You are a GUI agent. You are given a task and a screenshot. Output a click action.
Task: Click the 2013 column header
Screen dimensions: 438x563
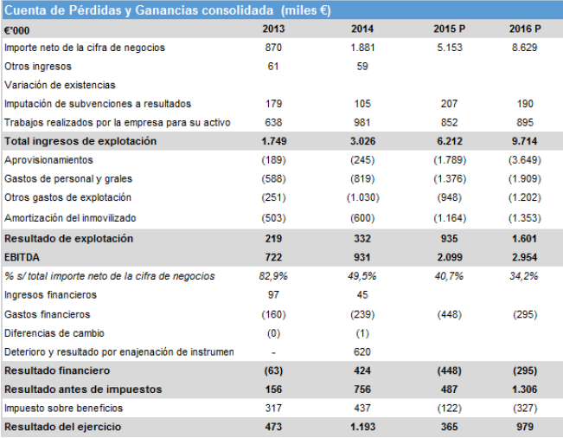pyautogui.click(x=272, y=29)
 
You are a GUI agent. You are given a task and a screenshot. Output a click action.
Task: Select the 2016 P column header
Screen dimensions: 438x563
pyautogui.click(x=525, y=29)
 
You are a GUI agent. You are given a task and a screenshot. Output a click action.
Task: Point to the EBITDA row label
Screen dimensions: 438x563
pyautogui.click(x=22, y=256)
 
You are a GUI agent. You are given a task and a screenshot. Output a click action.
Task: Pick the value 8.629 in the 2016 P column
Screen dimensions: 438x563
pyautogui.click(x=525, y=48)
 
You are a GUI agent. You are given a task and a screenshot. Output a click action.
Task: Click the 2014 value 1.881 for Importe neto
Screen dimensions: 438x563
pyautogui.click(x=362, y=48)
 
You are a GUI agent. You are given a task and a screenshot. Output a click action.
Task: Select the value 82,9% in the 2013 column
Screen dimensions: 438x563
pyautogui.click(x=273, y=275)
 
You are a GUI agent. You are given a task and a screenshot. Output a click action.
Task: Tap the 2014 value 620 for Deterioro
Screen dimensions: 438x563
pyautogui.click(x=362, y=351)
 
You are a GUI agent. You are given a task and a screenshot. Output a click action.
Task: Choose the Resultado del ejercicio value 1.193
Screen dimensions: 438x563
pyautogui.click(x=362, y=428)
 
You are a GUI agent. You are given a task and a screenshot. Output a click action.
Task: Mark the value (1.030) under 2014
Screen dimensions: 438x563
pyautogui.click(x=362, y=198)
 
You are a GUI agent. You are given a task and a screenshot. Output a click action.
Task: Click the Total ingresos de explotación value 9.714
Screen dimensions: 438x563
pyautogui.click(x=525, y=141)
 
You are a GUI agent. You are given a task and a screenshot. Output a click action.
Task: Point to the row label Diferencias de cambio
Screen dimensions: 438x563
pyautogui.click(x=51, y=332)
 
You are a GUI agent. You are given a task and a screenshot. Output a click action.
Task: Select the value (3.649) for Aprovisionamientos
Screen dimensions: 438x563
pyautogui.click(x=525, y=160)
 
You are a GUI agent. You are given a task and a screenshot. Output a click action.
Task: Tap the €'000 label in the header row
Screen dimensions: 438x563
pyautogui.click(x=17, y=29)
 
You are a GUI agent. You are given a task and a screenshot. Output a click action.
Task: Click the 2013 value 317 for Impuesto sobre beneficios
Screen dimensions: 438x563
pyautogui.click(x=273, y=408)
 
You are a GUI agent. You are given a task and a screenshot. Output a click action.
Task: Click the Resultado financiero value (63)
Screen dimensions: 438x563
pyautogui.click(x=273, y=370)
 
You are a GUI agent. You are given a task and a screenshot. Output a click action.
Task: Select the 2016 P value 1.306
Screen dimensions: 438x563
pyautogui.click(x=525, y=390)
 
